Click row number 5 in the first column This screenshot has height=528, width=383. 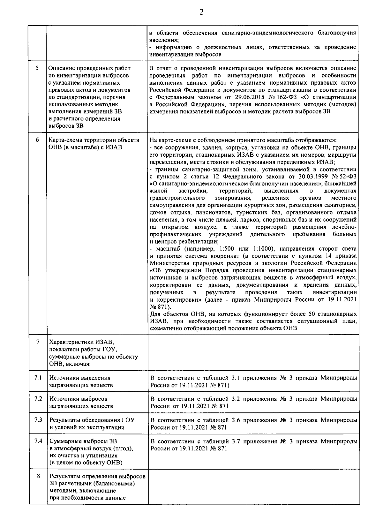pyautogui.click(x=37, y=68)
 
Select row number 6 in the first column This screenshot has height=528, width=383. pyautogui.click(x=37, y=140)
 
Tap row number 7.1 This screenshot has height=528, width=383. pyautogui.click(x=38, y=378)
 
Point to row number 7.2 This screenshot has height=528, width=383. pyautogui.click(x=38, y=399)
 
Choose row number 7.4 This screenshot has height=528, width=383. pyautogui.click(x=38, y=441)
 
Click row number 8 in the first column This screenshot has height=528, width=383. pyautogui.click(x=38, y=476)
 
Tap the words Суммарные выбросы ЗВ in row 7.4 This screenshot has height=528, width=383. pyautogui.click(x=83, y=441)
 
